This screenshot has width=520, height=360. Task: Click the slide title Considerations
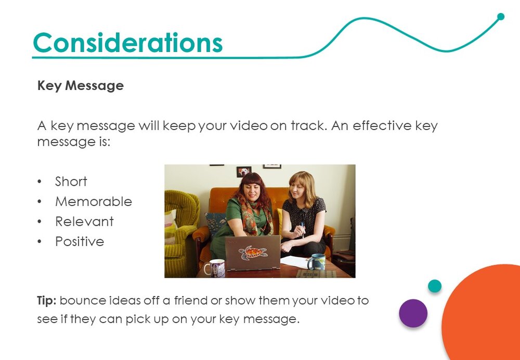click(x=128, y=43)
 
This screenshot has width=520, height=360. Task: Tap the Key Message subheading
click(x=81, y=86)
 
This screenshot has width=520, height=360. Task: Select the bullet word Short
click(x=71, y=182)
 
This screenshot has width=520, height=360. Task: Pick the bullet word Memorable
click(x=94, y=201)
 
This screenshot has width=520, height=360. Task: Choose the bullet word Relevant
click(x=84, y=221)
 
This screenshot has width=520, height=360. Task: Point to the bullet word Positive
click(x=80, y=241)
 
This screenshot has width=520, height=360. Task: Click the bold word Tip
click(x=47, y=301)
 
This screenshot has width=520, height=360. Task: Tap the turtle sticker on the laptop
click(x=253, y=253)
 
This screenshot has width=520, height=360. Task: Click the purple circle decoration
click(x=413, y=313)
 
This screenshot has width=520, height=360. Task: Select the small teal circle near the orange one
click(x=434, y=286)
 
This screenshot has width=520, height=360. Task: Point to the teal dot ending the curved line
click(x=501, y=17)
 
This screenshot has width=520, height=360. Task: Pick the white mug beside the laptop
click(x=215, y=268)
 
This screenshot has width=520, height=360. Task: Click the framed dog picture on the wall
click(x=244, y=172)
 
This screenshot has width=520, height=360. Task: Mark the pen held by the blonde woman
click(x=303, y=229)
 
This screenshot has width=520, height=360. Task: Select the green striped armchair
click(x=181, y=229)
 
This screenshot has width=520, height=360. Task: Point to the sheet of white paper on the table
click(x=295, y=262)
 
